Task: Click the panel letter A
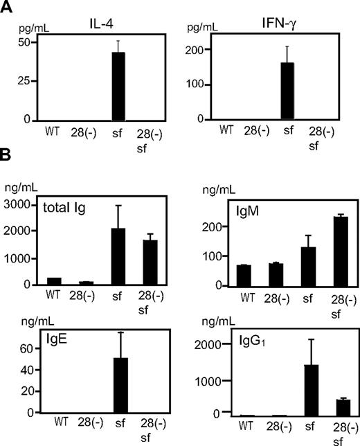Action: [8, 9]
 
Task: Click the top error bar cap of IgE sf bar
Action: [119, 332]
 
